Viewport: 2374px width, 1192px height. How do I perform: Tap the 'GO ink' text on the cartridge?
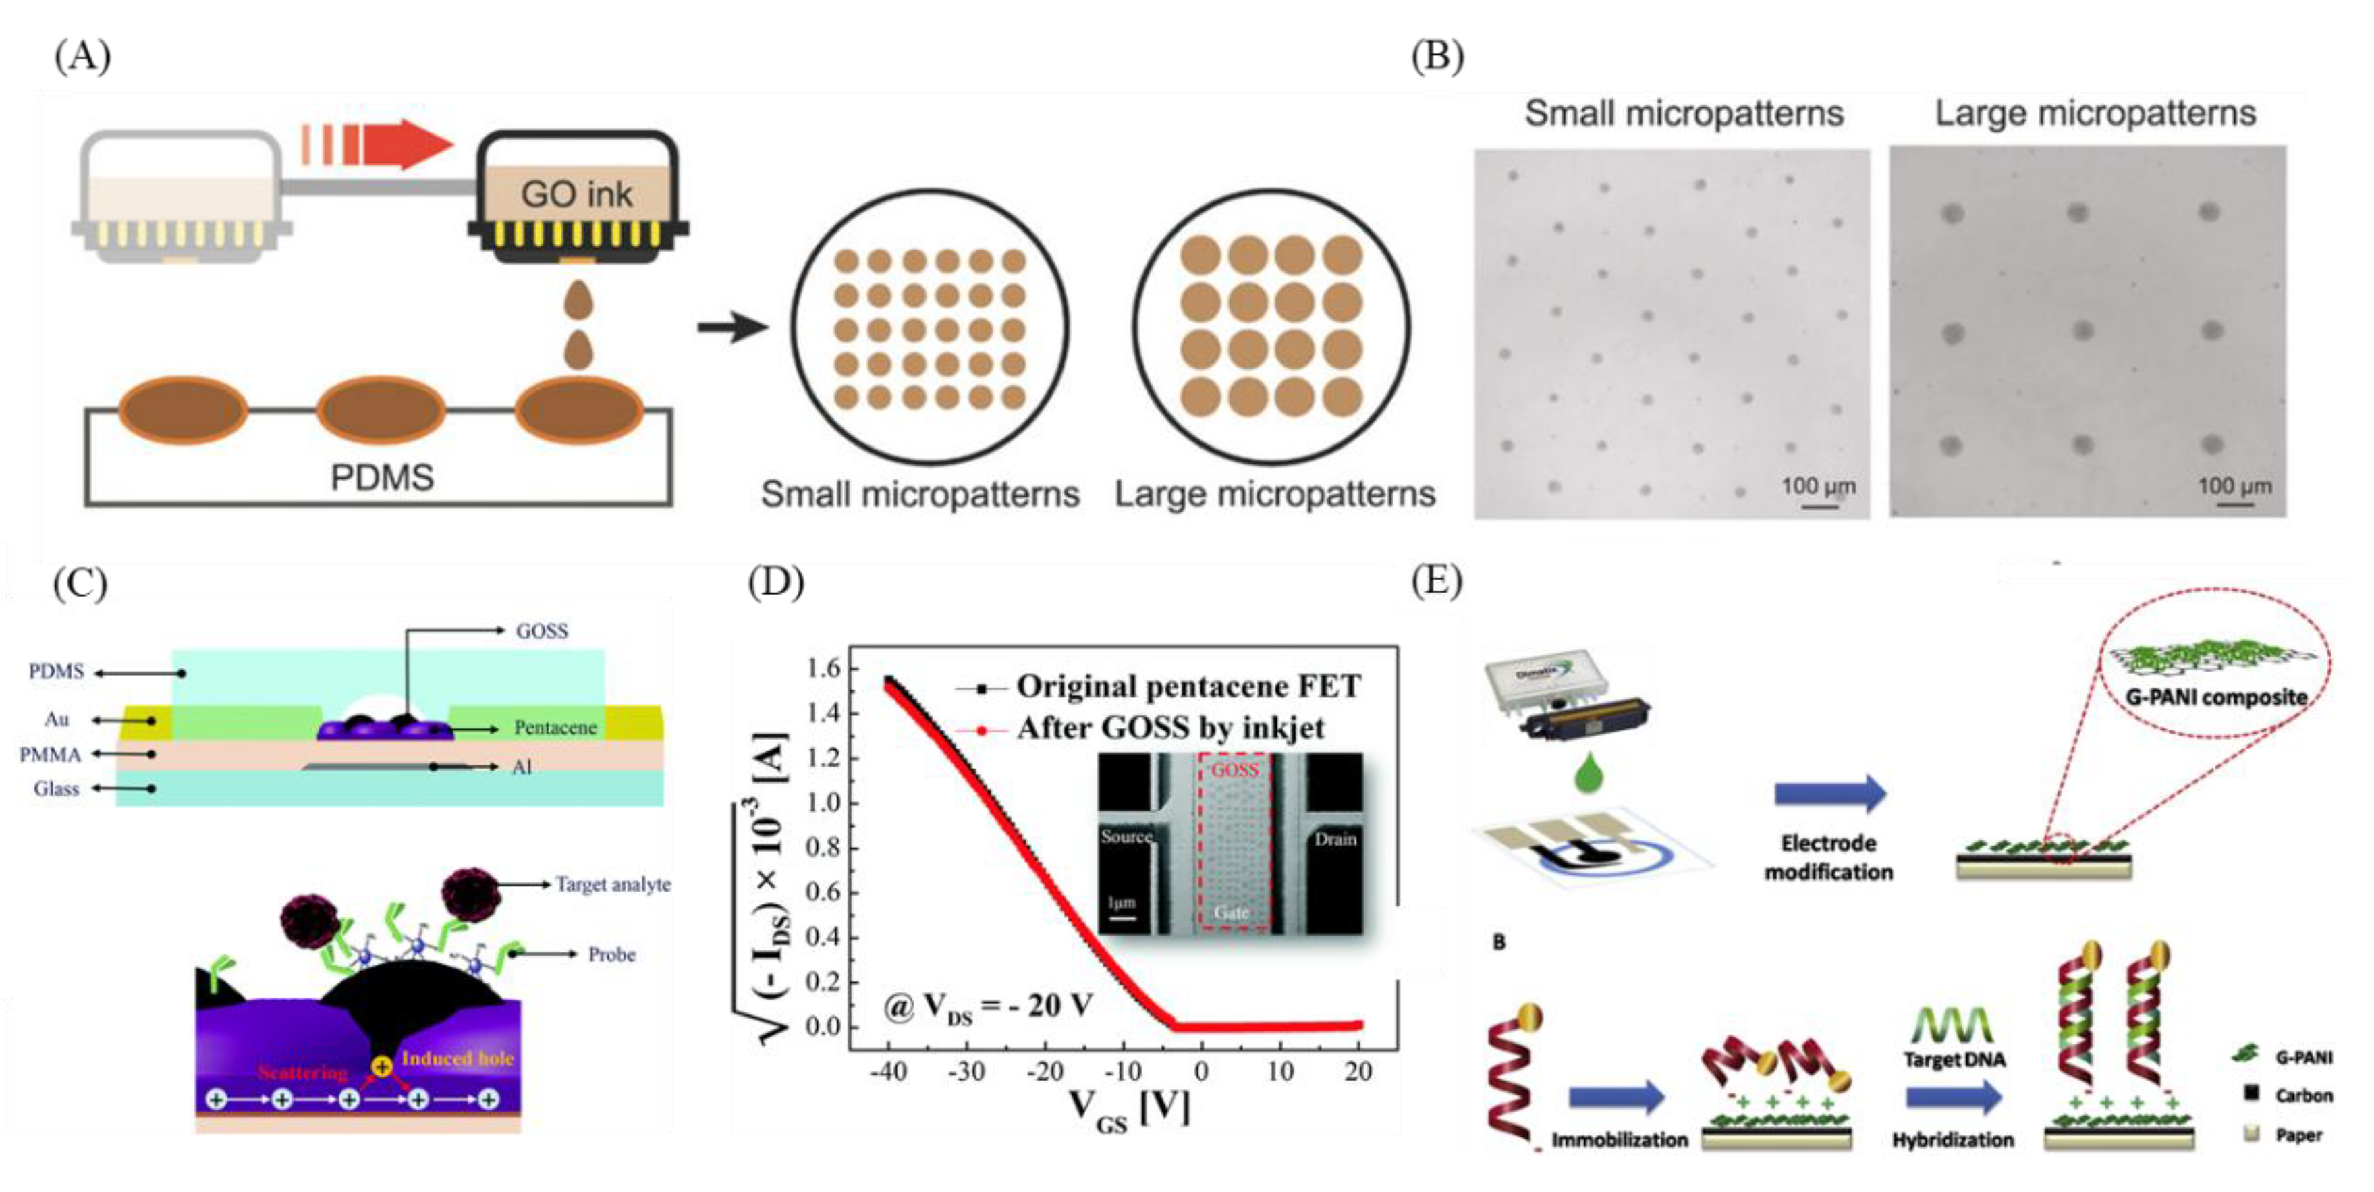[x=576, y=194]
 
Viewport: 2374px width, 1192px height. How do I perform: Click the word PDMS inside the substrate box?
[x=381, y=477]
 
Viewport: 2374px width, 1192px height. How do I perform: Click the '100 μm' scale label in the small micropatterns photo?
[x=1817, y=486]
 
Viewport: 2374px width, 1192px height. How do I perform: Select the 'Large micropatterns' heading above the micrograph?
[x=2094, y=113]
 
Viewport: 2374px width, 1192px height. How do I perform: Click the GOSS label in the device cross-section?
[x=542, y=630]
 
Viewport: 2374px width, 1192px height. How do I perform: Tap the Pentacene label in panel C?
[x=555, y=728]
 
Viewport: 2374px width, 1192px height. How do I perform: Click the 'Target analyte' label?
[x=613, y=884]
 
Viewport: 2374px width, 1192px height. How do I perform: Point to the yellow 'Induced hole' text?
[x=457, y=1058]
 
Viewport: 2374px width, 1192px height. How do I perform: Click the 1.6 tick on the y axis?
[x=823, y=668]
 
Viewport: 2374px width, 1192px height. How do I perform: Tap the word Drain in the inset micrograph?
[x=1335, y=839]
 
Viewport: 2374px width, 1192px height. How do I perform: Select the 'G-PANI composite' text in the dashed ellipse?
[x=2215, y=697]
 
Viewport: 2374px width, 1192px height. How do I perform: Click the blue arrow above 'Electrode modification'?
[x=1829, y=794]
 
